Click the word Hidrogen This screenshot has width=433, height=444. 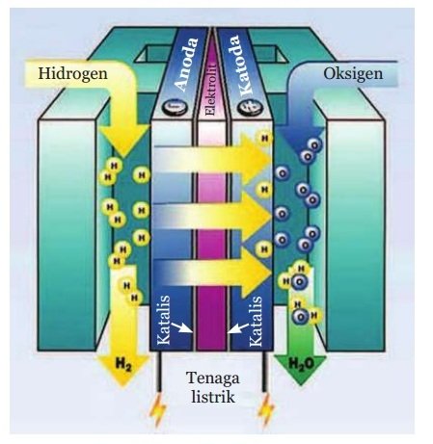[x=72, y=74]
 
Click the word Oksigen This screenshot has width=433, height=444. [x=353, y=74]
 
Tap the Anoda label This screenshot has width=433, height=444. [x=186, y=65]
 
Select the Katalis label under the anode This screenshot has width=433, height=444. [x=164, y=320]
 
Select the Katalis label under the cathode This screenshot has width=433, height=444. [x=256, y=321]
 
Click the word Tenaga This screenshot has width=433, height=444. [x=213, y=378]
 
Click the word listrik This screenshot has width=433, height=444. [x=213, y=397]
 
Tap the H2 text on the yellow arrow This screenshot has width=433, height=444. [x=123, y=365]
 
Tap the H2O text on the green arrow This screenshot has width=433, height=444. [x=301, y=364]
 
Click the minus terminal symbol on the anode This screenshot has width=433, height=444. [x=175, y=108]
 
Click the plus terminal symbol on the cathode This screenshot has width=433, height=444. [x=250, y=108]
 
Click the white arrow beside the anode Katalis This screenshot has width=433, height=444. [x=181, y=328]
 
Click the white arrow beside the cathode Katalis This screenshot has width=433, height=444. [x=238, y=328]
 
